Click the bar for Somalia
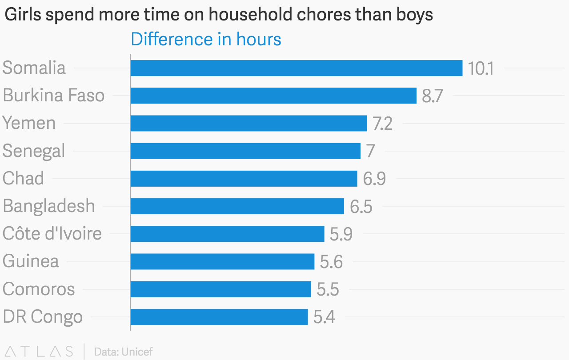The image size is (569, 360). (x=297, y=68)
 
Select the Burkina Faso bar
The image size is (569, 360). (x=273, y=96)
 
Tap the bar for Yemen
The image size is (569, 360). (x=249, y=123)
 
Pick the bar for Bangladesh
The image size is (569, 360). (x=237, y=206)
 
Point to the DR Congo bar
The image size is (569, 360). (x=219, y=317)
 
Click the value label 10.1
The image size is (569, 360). (x=481, y=69)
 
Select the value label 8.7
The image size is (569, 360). (x=433, y=96)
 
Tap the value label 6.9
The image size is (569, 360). (x=374, y=179)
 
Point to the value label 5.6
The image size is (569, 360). (x=332, y=262)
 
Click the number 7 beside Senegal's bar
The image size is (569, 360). (x=370, y=152)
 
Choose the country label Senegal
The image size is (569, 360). (x=34, y=151)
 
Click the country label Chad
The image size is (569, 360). (x=23, y=179)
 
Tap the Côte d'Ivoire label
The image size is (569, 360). (x=52, y=233)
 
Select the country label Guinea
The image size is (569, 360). (x=31, y=261)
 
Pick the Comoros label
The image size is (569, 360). (x=39, y=289)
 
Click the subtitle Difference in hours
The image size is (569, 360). (x=206, y=40)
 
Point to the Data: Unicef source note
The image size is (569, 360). (x=123, y=352)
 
